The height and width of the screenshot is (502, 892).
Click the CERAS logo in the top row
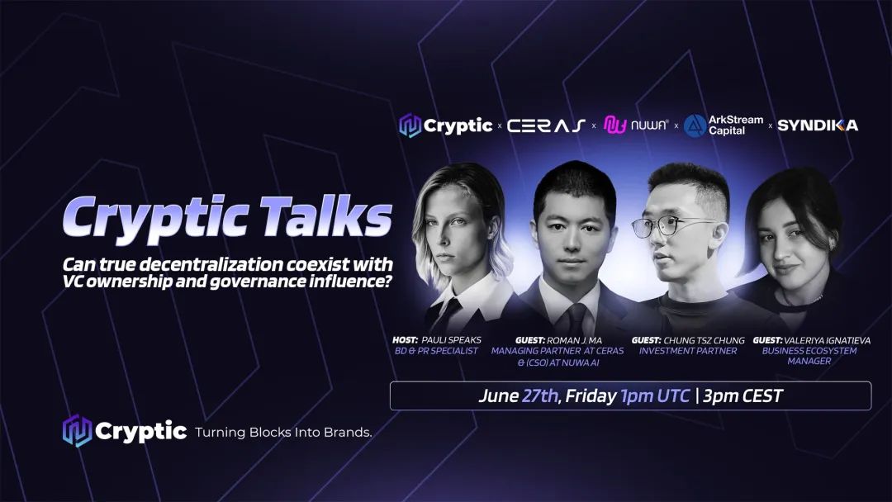[547, 125]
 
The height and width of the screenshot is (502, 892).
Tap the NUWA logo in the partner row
[635, 125]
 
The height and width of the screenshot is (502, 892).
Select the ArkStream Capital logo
[724, 125]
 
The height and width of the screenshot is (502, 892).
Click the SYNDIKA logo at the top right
[818, 125]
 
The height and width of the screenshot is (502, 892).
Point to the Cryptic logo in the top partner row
[446, 125]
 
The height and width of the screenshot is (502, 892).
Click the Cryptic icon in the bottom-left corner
[77, 431]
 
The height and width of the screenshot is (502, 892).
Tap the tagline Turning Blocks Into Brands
[282, 432]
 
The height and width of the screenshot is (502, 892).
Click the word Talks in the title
[332, 218]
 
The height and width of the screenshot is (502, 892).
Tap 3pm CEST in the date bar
[743, 396]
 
